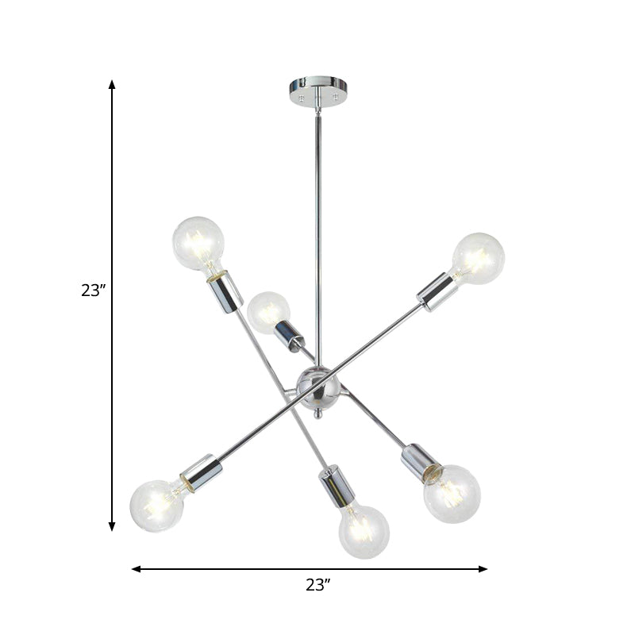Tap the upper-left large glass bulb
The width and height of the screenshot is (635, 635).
point(198,242)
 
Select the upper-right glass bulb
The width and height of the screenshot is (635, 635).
point(479,257)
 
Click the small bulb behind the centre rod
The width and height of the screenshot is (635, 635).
point(267,313)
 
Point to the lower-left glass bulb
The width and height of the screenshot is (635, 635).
point(156,505)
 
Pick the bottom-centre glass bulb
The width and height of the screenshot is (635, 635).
point(364,529)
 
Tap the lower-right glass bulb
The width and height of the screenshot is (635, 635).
point(452,493)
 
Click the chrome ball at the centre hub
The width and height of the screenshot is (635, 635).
point(318,387)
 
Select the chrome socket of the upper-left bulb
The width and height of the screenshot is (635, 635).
point(225,290)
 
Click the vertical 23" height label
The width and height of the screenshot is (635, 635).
point(93,291)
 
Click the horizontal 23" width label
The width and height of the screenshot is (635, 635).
point(317,586)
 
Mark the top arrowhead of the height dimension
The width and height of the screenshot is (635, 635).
point(112,84)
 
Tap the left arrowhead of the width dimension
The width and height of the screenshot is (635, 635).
point(136,569)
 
